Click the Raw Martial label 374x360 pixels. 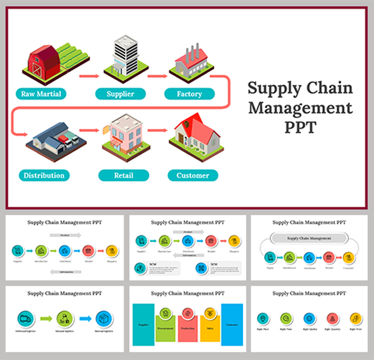point(41,94)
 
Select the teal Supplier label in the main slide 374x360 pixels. point(121,94)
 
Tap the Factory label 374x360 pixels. point(189,94)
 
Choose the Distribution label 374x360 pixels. point(44,175)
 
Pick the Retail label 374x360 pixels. point(123,175)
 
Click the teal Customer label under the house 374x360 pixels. point(193,175)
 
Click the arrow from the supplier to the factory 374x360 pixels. point(159,74)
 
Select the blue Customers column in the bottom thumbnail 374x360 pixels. point(232,325)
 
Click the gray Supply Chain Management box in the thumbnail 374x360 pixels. point(309,238)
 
